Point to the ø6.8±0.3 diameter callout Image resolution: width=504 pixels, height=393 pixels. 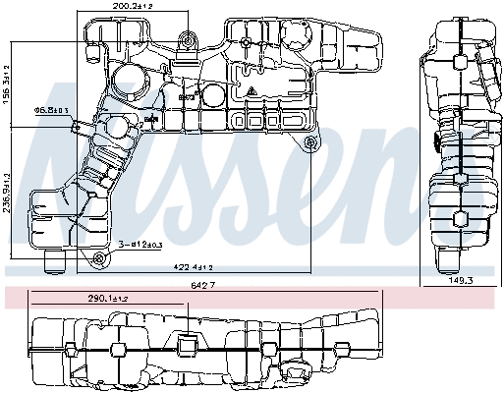[x=51, y=110]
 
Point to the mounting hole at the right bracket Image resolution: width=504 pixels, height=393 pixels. [x=312, y=144]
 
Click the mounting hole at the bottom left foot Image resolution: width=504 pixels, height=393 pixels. [x=97, y=258]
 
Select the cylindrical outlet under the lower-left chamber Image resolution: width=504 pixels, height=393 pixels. [x=56, y=260]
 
